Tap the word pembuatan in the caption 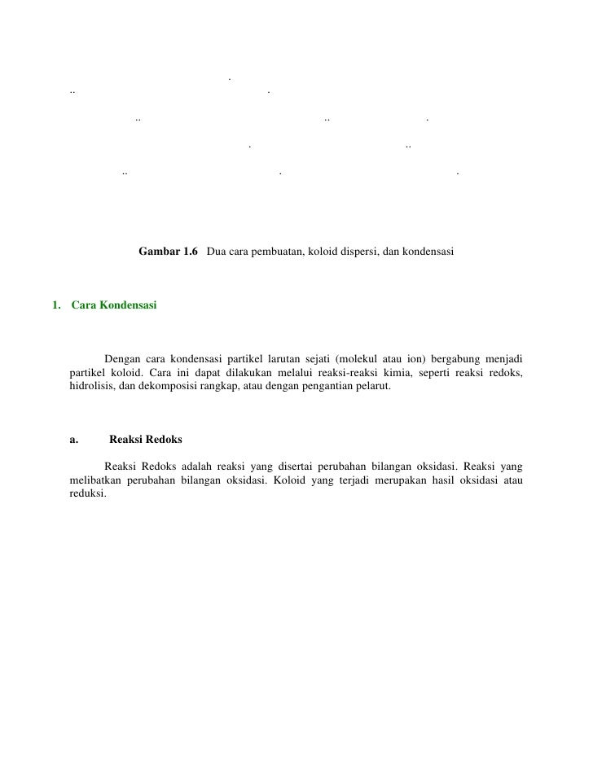tap(281, 252)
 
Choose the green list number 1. tap(55, 305)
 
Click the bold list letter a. tap(73, 440)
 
